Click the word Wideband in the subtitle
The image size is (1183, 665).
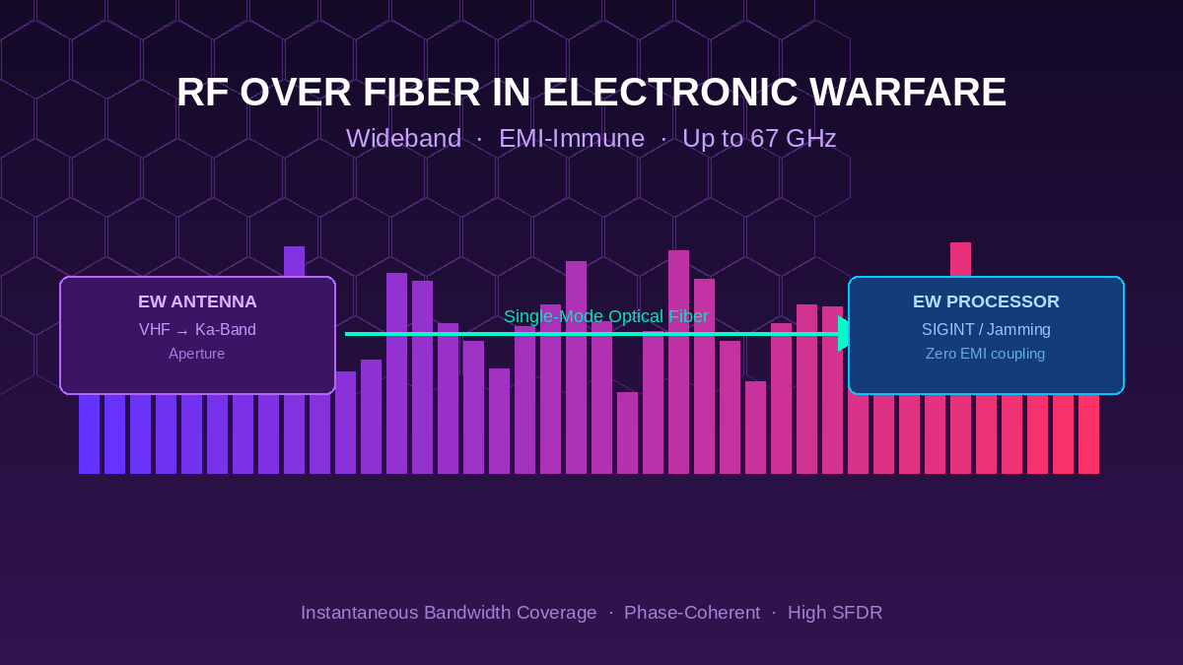(x=403, y=139)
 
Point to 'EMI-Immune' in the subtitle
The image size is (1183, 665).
(x=572, y=139)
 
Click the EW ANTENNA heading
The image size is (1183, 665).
(x=197, y=302)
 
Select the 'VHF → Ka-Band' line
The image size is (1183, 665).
(x=197, y=330)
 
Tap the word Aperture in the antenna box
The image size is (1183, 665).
(x=197, y=354)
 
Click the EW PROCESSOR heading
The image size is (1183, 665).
(x=986, y=302)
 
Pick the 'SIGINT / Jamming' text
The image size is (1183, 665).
(x=986, y=330)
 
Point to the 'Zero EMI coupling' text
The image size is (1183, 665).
(x=986, y=354)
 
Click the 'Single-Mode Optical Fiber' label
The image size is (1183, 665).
(x=605, y=316)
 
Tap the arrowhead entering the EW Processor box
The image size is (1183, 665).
(x=844, y=334)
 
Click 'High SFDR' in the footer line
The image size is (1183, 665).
(x=835, y=613)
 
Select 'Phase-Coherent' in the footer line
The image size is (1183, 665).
(x=692, y=613)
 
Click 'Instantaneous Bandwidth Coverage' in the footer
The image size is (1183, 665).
(x=449, y=613)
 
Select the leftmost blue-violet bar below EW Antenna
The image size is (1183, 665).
(x=89, y=433)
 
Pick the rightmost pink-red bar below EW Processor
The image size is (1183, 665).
(x=1088, y=433)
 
